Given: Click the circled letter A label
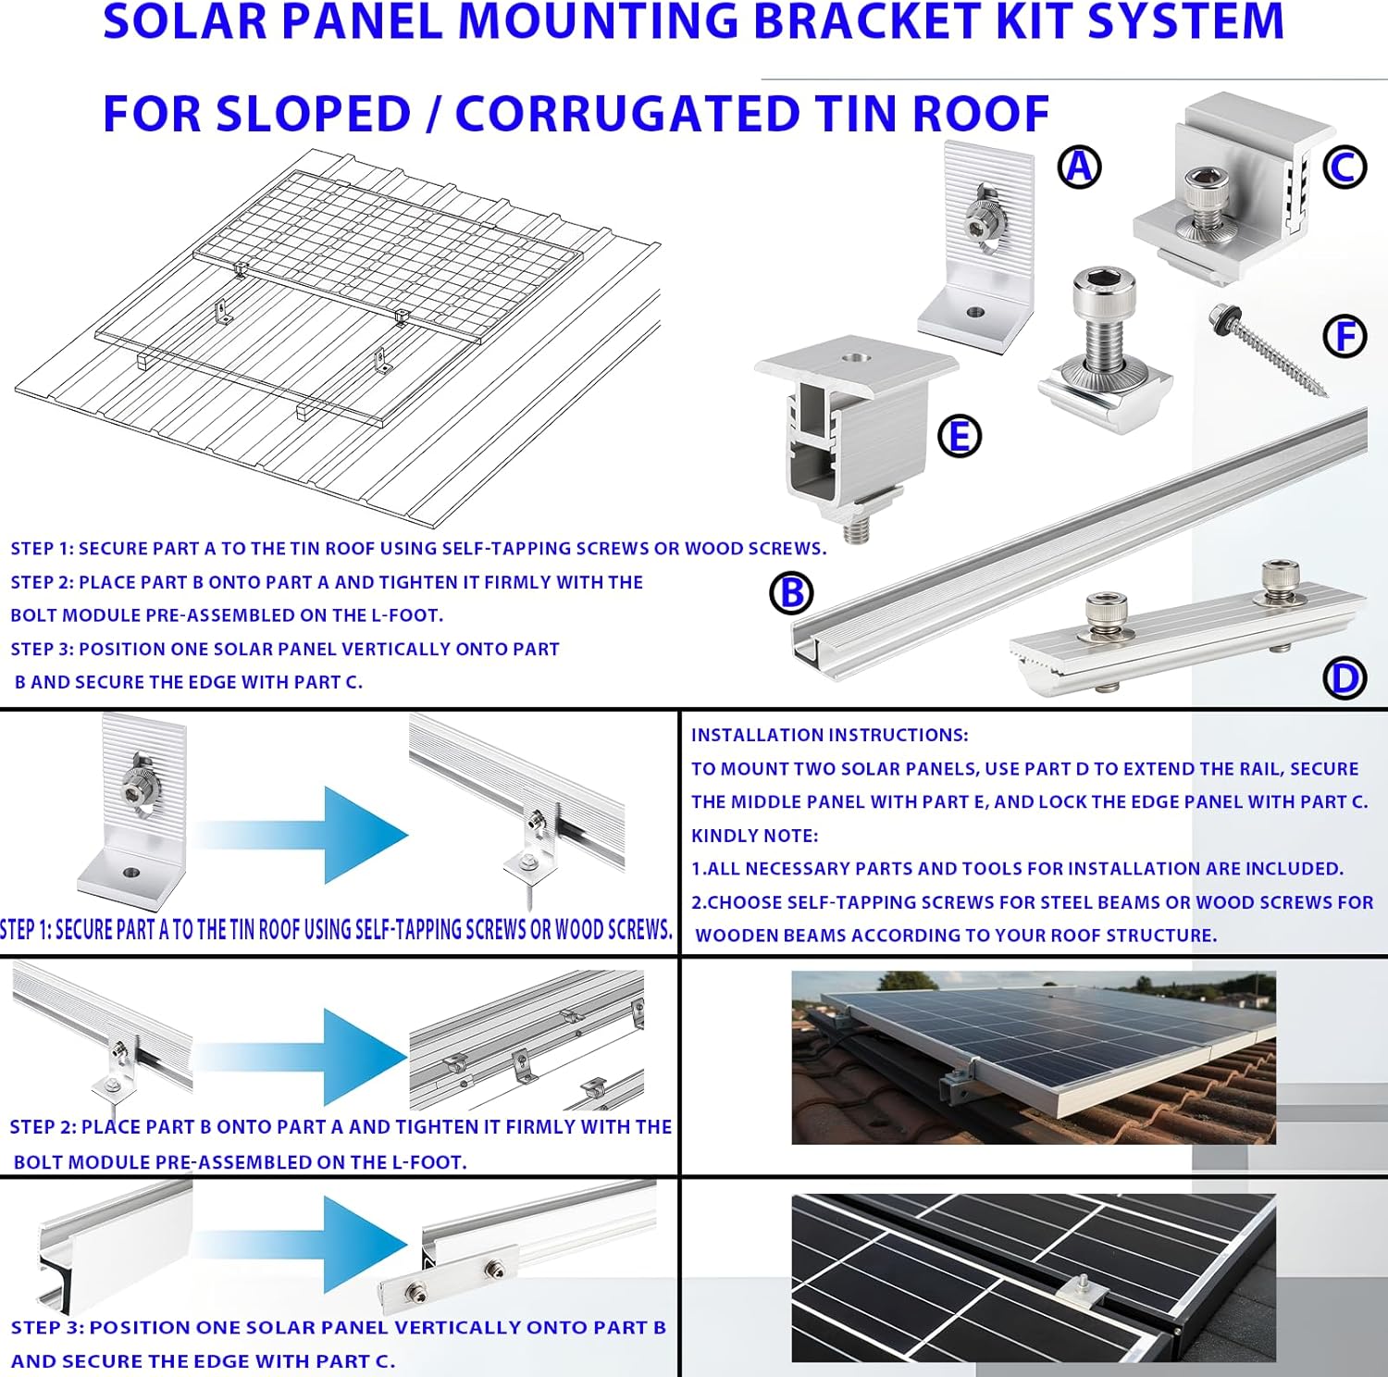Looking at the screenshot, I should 1079,167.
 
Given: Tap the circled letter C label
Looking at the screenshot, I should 1344,167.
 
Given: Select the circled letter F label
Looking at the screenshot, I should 1345,336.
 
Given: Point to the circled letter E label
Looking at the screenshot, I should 960,436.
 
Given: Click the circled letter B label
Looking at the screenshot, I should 792,593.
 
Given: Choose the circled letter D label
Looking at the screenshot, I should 1345,678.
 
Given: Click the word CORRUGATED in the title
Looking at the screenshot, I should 627,115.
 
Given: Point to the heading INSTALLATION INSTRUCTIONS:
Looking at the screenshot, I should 829,736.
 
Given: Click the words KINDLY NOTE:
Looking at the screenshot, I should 754,836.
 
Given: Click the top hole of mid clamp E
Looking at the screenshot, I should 852,355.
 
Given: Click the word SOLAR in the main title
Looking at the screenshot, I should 186,22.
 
